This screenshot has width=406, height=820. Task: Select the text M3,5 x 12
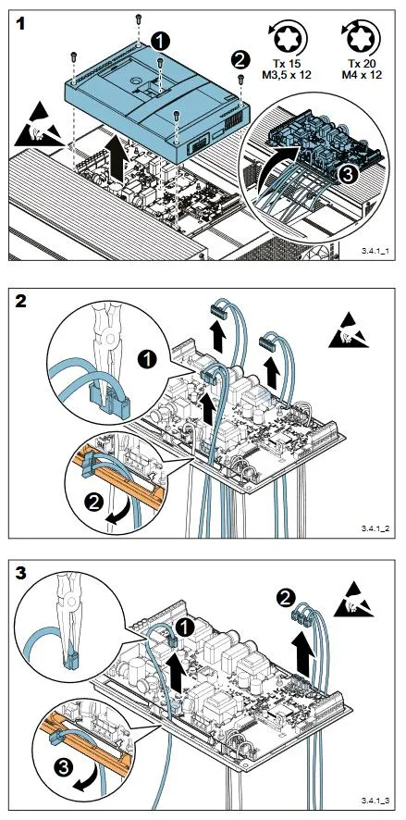[x=287, y=75]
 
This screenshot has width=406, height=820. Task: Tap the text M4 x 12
[x=362, y=75]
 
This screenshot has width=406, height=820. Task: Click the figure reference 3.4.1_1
[x=374, y=251]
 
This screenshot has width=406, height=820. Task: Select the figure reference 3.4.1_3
[x=374, y=801]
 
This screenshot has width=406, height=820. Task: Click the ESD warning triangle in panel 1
[x=39, y=126]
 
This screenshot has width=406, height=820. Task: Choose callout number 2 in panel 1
[x=240, y=59]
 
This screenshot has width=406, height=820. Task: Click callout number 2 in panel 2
[x=94, y=503]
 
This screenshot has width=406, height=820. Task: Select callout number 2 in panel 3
[x=284, y=597]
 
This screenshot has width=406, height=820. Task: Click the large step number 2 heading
[x=21, y=302]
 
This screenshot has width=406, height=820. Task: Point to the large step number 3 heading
[x=21, y=573]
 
